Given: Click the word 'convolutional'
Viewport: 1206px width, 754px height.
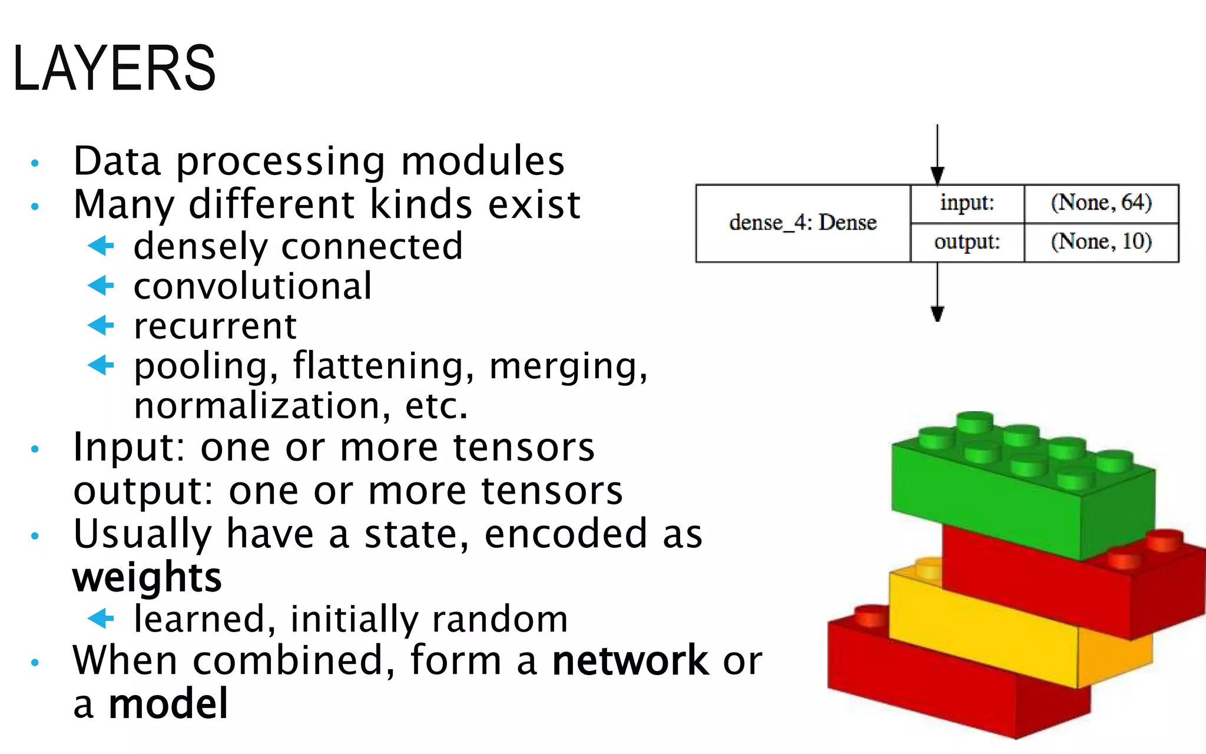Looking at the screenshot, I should point(253,286).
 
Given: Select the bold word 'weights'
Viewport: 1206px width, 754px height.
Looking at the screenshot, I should point(147,577).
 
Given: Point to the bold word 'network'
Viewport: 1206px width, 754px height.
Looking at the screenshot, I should point(630,660).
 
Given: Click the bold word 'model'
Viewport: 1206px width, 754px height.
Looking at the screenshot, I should point(168,704).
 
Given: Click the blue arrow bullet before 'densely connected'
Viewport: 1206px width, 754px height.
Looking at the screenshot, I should point(101,246).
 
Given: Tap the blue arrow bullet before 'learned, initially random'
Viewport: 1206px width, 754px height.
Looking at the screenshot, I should point(101,618).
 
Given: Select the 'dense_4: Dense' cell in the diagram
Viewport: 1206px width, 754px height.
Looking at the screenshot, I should point(803,223).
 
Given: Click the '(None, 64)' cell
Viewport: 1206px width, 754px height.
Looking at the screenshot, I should point(1101,203).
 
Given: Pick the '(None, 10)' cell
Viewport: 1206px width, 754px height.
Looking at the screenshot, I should point(1101,242).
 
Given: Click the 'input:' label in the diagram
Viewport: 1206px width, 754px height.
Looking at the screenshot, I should point(967,203).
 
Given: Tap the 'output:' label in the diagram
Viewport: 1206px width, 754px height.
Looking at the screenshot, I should point(967,242).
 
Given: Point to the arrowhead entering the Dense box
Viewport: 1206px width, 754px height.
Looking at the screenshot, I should point(937,175).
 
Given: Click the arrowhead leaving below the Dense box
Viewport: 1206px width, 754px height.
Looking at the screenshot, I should point(937,313).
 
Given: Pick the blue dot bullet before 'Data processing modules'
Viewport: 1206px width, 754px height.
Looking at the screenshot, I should point(35,163).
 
